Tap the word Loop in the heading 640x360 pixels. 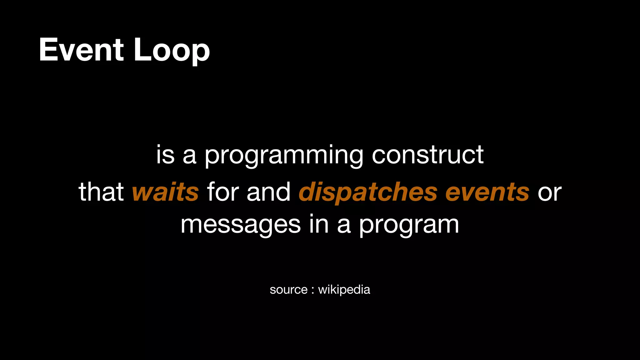pyautogui.click(x=172, y=50)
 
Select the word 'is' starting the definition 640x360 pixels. pyautogui.click(x=165, y=155)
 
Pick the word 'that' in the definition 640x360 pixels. pyautogui.click(x=101, y=192)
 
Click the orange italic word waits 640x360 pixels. pyautogui.click(x=165, y=192)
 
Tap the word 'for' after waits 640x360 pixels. pyautogui.click(x=222, y=192)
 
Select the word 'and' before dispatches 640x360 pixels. pyautogui.click(x=268, y=192)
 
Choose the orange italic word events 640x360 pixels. pyautogui.click(x=487, y=192)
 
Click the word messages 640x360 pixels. pyautogui.click(x=241, y=225)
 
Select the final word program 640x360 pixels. pyautogui.click(x=409, y=226)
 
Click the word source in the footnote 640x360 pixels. pyautogui.click(x=288, y=290)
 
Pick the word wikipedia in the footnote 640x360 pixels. pyautogui.click(x=344, y=290)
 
